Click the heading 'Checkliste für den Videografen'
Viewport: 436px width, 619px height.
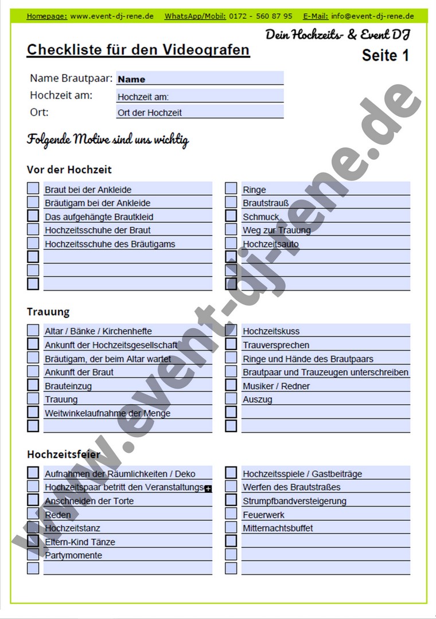(x=138, y=50)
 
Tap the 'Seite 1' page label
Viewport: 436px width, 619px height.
(x=386, y=56)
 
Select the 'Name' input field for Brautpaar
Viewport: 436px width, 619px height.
(x=200, y=79)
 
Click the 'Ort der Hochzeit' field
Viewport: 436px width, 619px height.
(x=200, y=112)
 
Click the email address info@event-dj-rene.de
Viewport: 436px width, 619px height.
(x=372, y=16)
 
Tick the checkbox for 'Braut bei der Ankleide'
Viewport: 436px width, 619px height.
(x=33, y=189)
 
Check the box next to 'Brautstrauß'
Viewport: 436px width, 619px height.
(x=231, y=202)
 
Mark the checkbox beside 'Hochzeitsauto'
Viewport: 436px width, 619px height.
(x=231, y=244)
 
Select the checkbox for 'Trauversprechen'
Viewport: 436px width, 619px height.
(x=231, y=344)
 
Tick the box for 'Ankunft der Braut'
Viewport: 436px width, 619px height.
(x=33, y=371)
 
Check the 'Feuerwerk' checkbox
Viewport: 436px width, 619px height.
(x=231, y=514)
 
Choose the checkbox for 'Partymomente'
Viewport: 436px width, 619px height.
(x=33, y=555)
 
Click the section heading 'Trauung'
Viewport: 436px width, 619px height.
(x=48, y=312)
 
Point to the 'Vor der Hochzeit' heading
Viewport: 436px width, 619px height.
(x=69, y=170)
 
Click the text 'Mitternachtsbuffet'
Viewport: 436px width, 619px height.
(x=278, y=528)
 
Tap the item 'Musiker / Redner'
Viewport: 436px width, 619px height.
(x=276, y=386)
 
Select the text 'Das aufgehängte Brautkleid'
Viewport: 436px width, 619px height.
(x=99, y=217)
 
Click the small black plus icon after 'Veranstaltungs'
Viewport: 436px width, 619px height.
(x=208, y=489)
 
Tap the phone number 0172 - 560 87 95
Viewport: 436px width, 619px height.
(x=260, y=16)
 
